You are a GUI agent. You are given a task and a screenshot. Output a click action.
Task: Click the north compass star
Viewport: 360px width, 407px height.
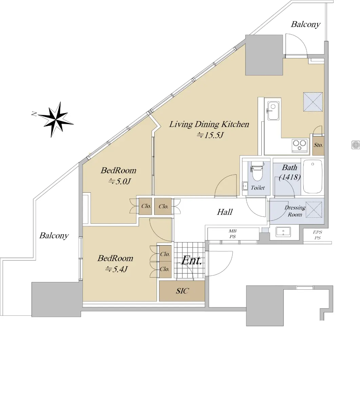point(55,119)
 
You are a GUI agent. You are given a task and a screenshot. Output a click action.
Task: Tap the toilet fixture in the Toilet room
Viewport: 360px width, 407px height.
point(257,171)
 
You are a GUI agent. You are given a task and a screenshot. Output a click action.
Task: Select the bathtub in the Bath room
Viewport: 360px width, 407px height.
point(313,176)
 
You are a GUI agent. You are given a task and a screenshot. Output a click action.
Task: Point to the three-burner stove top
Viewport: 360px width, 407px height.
point(300,145)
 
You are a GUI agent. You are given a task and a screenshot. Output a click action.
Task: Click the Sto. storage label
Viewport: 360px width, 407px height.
point(318,145)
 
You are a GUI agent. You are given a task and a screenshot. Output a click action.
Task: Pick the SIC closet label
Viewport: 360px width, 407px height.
point(182,291)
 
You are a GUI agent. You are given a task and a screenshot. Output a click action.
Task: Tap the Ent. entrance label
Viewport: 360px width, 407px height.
point(191,260)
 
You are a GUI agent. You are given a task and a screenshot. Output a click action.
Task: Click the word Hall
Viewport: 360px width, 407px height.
point(225,212)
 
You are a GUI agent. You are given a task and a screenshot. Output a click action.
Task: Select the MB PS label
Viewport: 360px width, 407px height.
point(233,234)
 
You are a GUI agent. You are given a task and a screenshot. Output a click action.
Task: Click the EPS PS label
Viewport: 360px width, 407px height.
point(317,235)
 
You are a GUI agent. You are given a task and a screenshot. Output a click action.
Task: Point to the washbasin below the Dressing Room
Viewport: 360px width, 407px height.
point(283,232)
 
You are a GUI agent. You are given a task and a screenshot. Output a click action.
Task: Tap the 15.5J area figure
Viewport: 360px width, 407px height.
point(210,135)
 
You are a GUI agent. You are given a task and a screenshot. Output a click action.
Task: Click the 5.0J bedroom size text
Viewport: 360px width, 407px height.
point(120,181)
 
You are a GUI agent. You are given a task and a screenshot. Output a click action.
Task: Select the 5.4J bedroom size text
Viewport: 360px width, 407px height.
point(116,269)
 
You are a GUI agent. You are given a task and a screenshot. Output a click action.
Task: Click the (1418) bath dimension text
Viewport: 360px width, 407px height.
point(289,177)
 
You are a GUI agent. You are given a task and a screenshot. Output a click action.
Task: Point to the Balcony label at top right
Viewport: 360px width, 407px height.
point(305,24)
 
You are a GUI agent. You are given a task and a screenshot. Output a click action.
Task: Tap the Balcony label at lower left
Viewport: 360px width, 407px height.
point(54,235)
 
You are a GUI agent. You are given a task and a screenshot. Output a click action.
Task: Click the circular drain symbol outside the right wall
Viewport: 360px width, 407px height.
point(356,145)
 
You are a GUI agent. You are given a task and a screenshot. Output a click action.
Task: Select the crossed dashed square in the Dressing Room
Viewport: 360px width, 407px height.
point(314,210)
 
